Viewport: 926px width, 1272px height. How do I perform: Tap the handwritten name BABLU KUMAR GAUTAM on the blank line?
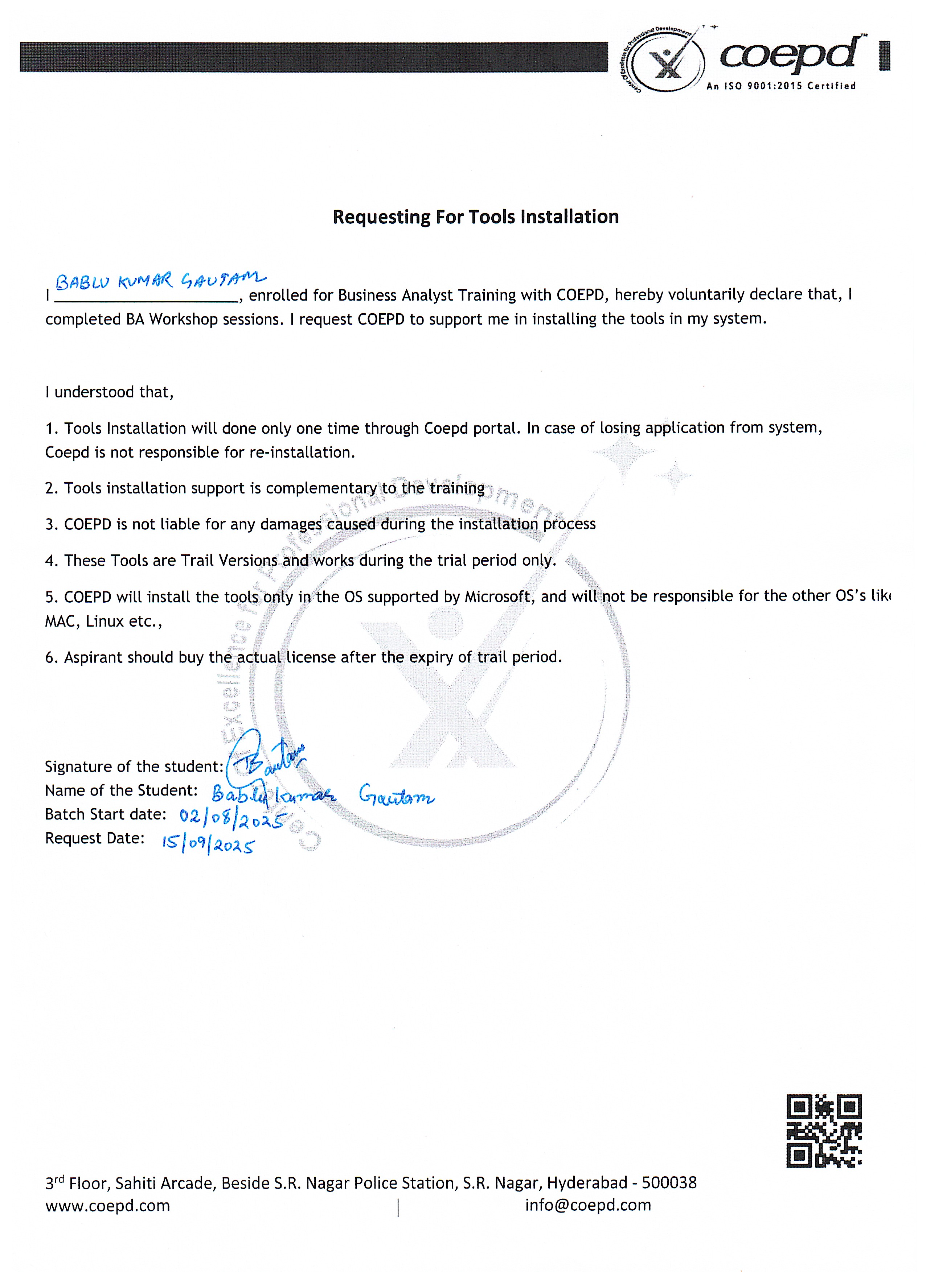pos(160,280)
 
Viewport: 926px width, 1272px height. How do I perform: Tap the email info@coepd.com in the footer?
pos(587,1205)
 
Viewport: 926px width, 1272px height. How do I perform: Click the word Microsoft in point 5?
pos(497,597)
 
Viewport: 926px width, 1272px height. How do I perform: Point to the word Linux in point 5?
pos(105,621)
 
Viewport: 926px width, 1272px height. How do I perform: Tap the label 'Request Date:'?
pos(94,838)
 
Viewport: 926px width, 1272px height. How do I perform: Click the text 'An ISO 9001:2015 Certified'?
pos(780,86)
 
